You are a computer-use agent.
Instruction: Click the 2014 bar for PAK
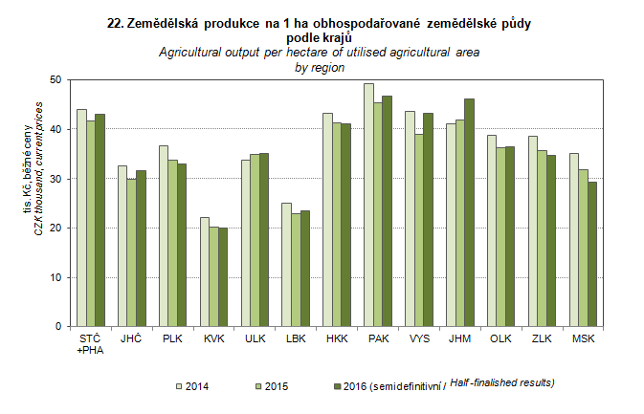click(368, 206)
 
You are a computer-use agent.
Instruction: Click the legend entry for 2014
click(191, 386)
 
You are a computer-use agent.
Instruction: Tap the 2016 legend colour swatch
click(335, 386)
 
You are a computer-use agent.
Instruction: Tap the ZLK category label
click(542, 339)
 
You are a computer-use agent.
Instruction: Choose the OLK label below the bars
click(500, 339)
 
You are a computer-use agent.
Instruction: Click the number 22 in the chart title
click(118, 21)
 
